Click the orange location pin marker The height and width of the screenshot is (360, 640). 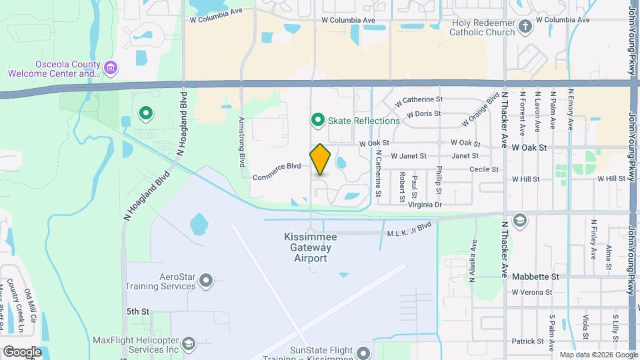point(321,159)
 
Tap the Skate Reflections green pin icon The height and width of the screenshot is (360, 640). point(319,120)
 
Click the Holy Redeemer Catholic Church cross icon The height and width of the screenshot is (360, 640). point(525,27)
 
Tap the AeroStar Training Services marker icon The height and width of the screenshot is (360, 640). point(206,281)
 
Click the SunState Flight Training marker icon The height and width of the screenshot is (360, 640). point(363,353)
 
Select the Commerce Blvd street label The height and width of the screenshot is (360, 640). point(277,171)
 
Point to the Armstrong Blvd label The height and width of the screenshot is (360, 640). point(243,142)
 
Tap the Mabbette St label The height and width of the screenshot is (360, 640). point(535,276)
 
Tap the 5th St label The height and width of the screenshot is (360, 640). point(137,311)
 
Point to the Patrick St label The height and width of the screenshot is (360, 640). point(528,341)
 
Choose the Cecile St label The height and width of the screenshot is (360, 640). point(484,169)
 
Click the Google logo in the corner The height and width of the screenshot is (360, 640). point(22,351)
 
